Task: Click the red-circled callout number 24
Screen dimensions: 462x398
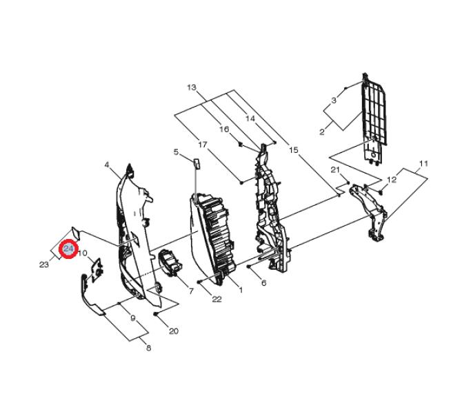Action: pos(68,249)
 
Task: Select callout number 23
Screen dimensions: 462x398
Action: pos(44,264)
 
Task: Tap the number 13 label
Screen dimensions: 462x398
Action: pos(192,87)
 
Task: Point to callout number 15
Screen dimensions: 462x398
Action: pos(294,150)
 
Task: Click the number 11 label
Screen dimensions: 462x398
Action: pos(423,163)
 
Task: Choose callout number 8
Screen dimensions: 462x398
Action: pos(148,348)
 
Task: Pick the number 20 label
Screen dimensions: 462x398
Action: pos(174,331)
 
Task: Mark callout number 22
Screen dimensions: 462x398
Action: pos(217,299)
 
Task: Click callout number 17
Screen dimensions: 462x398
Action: pos(203,145)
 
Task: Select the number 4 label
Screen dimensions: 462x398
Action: pos(107,165)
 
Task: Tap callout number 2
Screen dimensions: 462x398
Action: pos(322,132)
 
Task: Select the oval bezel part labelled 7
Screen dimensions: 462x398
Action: pos(170,262)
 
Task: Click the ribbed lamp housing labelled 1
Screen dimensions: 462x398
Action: pos(213,238)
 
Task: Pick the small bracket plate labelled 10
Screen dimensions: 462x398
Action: pos(97,269)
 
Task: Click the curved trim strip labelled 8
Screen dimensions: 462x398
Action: pos(90,295)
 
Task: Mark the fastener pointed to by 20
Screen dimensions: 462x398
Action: pos(155,314)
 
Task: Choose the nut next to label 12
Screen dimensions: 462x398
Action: pos(381,193)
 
